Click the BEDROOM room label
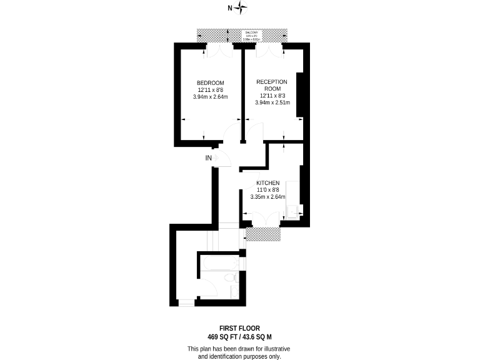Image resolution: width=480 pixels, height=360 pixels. [x=210, y=83]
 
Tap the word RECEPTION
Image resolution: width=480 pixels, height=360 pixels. [x=272, y=82]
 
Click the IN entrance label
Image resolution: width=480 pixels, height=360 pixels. [x=209, y=158]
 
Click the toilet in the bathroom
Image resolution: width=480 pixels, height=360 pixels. [x=229, y=277]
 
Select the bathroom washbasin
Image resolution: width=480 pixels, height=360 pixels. [x=234, y=292]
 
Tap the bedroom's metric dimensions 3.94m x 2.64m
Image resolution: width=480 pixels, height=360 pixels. [x=210, y=97]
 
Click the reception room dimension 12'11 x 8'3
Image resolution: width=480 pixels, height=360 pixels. [x=272, y=96]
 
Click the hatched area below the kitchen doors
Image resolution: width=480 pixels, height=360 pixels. [x=263, y=234]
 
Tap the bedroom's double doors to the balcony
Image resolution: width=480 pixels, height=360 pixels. [x=213, y=51]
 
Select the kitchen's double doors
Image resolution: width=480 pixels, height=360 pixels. [x=262, y=219]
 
